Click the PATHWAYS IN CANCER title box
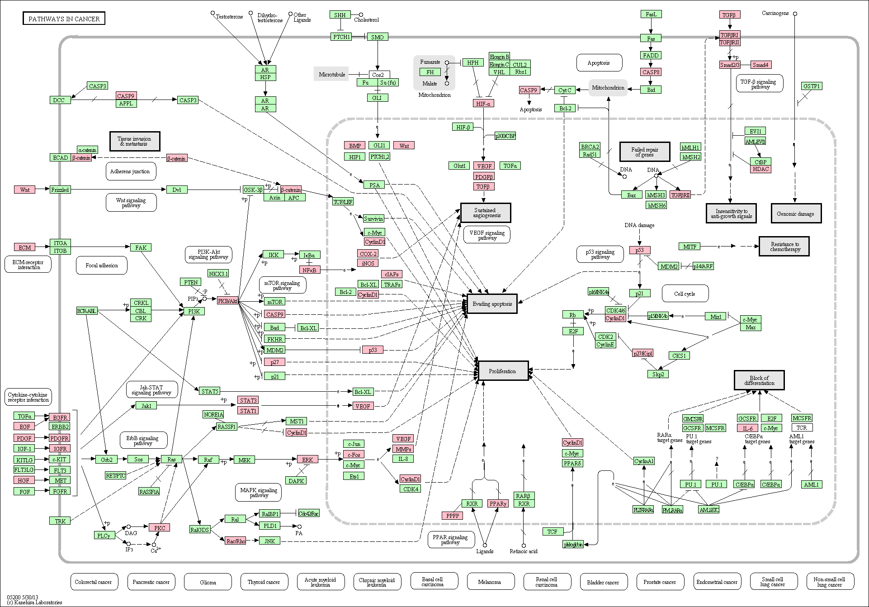(64, 19)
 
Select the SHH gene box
(340, 15)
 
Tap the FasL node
(651, 14)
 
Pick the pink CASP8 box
(651, 72)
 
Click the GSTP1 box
(812, 86)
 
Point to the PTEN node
(191, 282)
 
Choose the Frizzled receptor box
(60, 190)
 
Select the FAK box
(141, 247)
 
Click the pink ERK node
(307, 460)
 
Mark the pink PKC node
(160, 527)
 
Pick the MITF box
(690, 247)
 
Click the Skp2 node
(658, 374)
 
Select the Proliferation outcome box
(503, 371)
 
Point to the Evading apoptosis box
(492, 304)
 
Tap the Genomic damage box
(795, 213)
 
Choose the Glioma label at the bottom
(208, 582)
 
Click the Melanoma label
(490, 582)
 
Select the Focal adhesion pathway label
(102, 266)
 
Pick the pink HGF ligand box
(24, 480)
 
